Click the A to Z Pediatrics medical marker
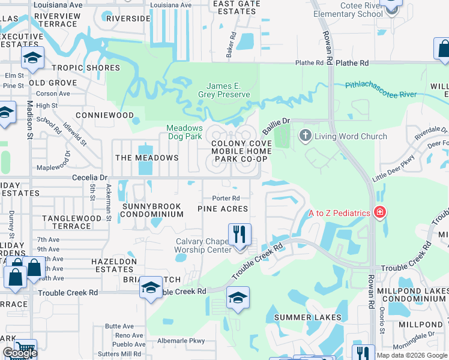(379, 212)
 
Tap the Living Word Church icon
(306, 136)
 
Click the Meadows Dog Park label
(184, 132)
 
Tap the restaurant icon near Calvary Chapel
(240, 233)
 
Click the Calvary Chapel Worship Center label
(203, 246)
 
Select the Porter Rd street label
(226, 198)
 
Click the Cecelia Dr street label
(89, 178)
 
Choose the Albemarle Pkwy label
(181, 341)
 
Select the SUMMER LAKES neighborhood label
(307, 317)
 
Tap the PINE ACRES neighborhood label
(223, 208)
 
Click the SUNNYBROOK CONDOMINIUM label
(152, 210)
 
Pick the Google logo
(19, 353)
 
